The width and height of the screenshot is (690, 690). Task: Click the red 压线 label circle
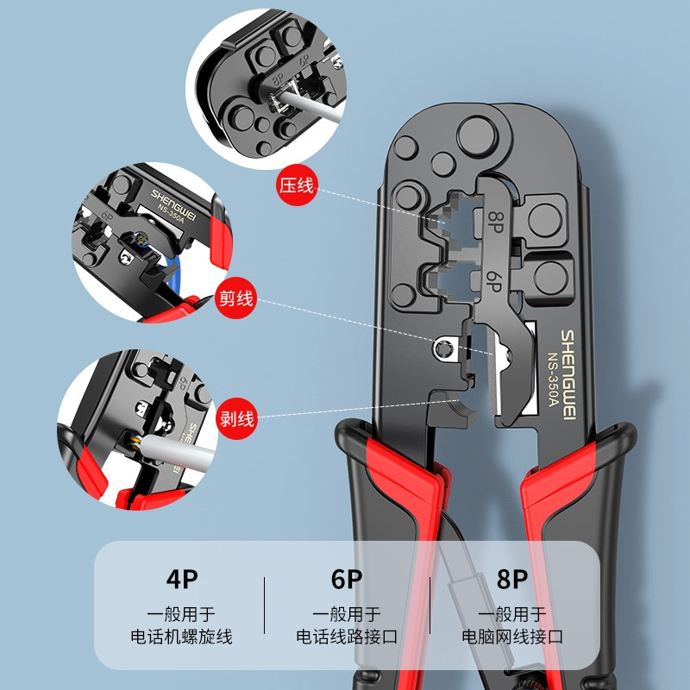298,185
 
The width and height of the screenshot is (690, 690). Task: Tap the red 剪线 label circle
235,298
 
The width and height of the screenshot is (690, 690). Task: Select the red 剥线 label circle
236,418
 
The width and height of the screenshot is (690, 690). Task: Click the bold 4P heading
182,579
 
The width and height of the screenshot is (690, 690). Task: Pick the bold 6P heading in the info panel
347,579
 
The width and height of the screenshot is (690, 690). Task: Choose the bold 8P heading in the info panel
512,579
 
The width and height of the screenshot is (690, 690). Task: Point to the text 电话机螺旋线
181,637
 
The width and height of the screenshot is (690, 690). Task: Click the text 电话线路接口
347,637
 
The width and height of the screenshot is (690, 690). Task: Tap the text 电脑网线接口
512,637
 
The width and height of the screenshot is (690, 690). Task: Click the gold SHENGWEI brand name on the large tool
568,375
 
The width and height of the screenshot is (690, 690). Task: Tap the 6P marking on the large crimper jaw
493,281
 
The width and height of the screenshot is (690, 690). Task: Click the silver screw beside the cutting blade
443,349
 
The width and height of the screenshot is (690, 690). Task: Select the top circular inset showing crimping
266,89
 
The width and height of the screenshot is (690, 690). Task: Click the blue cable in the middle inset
173,275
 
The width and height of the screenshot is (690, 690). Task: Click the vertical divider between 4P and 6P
265,605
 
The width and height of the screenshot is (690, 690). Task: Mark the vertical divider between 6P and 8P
430,605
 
